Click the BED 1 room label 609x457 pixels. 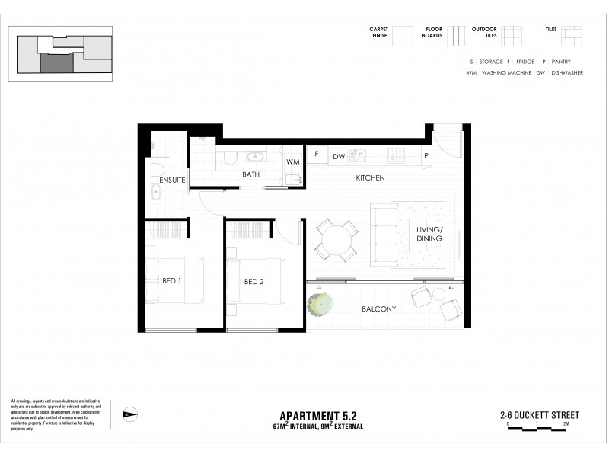click(x=171, y=281)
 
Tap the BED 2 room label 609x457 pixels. click(x=253, y=281)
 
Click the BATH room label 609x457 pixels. click(x=250, y=174)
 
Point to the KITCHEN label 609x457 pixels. click(x=370, y=177)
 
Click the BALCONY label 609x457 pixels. click(x=378, y=308)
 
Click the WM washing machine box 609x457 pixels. click(x=292, y=162)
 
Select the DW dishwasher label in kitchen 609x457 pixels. click(x=339, y=156)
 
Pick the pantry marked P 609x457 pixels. click(x=426, y=155)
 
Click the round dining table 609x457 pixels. click(x=336, y=241)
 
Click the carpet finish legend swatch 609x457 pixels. click(x=403, y=37)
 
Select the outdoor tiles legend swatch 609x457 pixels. click(x=512, y=37)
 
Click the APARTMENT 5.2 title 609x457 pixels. click(x=318, y=415)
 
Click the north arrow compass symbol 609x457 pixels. click(x=129, y=414)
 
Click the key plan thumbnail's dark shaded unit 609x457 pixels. click(x=56, y=62)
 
